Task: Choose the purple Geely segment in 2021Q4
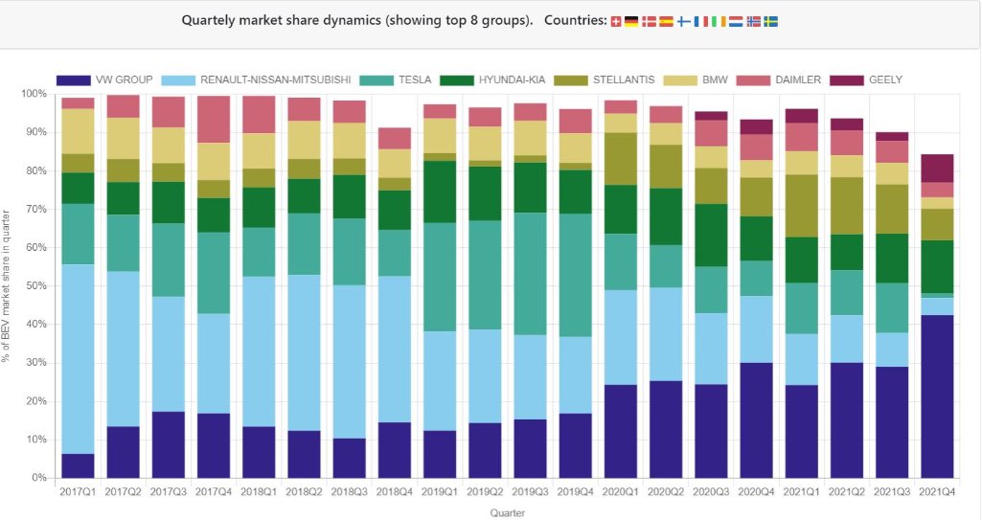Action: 936,168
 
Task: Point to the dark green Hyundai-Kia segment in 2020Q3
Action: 711,235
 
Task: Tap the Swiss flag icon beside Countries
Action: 616,21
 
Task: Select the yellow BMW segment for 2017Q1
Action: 78,131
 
